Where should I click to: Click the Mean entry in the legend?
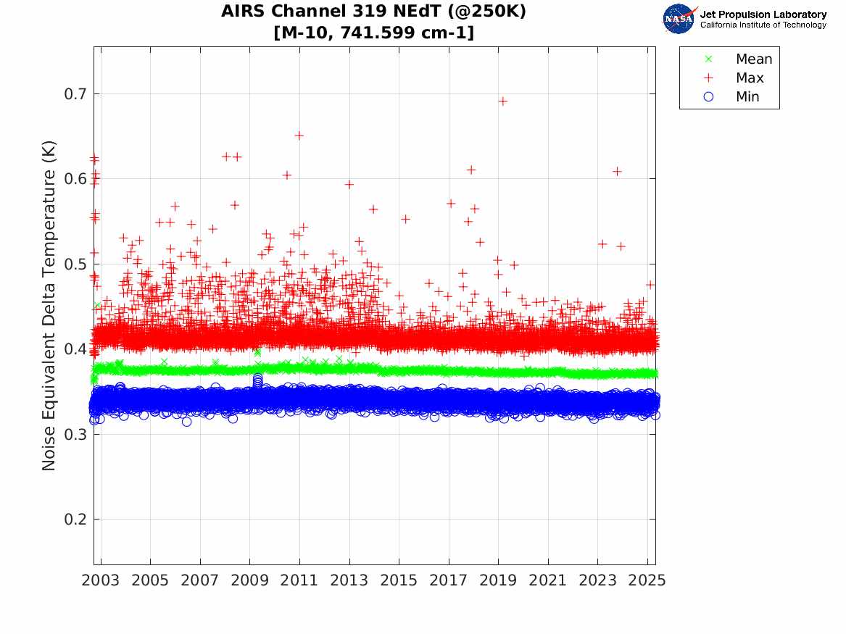click(754, 59)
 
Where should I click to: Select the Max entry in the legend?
click(750, 78)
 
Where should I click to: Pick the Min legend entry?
click(747, 97)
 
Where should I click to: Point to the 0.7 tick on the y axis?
click(75, 94)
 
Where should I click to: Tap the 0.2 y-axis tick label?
click(75, 520)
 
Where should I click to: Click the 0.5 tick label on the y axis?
click(75, 264)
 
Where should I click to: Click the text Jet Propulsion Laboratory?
click(763, 14)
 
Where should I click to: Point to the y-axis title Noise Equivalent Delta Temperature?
click(49, 319)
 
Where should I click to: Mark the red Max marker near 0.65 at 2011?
click(299, 135)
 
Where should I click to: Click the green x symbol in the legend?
click(709, 59)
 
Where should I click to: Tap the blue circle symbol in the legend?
click(709, 97)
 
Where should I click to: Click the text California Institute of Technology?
click(763, 25)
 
